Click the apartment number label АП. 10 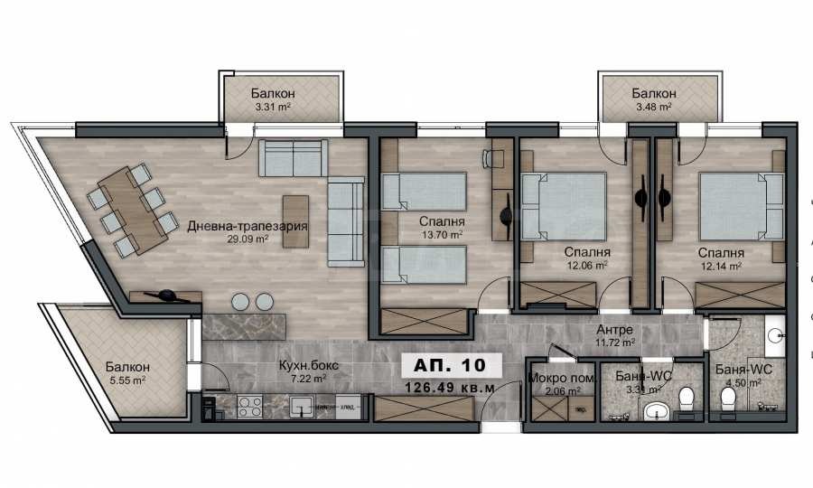coord(449,364)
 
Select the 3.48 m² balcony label coord(652,107)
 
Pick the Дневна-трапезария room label coord(242,226)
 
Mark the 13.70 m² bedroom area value coord(442,234)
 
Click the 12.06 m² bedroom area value coord(586,267)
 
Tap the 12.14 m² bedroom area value coord(720,267)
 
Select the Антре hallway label coord(614,329)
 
